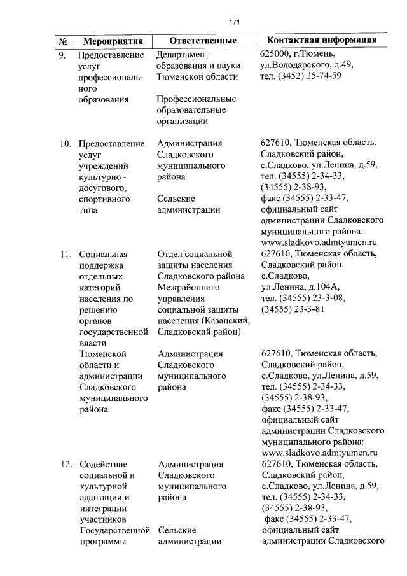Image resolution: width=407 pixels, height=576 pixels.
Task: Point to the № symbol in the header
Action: [63, 41]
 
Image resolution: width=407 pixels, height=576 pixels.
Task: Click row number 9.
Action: [62, 55]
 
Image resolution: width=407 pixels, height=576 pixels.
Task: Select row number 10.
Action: [64, 143]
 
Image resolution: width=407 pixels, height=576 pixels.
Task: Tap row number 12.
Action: [64, 464]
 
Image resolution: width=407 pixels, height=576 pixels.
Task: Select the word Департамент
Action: [185, 55]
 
